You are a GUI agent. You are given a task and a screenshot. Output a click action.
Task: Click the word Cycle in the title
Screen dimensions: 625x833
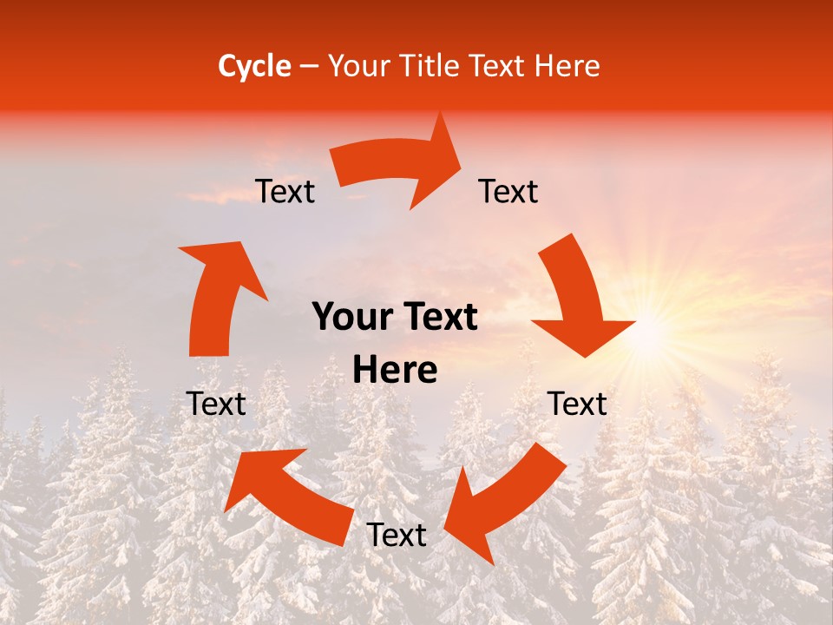point(254,66)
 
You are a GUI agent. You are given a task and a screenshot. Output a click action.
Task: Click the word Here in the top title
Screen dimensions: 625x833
point(566,66)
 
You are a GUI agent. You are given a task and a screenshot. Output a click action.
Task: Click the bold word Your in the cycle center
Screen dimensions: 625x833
point(351,318)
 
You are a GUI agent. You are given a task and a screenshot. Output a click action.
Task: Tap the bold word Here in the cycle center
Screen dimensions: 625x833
point(395,371)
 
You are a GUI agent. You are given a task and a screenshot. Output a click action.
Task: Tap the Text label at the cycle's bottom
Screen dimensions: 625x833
point(397,536)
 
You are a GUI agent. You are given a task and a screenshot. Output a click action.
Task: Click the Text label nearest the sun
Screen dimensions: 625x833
point(578,404)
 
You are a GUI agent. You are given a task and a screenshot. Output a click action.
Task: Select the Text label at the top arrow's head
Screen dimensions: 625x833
point(508,191)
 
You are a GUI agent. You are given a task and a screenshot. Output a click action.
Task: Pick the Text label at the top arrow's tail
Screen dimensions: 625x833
point(285,191)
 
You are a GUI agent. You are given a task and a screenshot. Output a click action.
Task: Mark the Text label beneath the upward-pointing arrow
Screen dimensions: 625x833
point(217,404)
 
